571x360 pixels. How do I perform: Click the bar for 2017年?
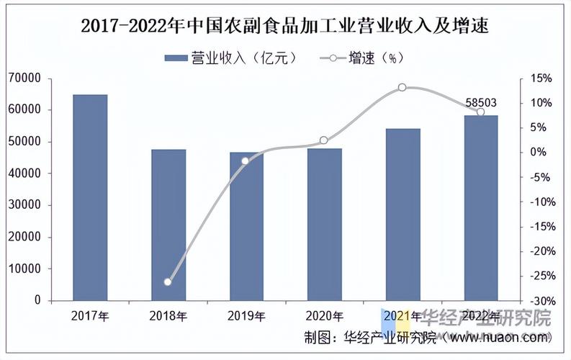click(x=90, y=197)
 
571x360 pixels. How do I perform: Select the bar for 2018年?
click(x=168, y=225)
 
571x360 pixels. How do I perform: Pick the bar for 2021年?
click(x=403, y=214)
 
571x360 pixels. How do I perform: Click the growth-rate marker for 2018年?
click(x=168, y=282)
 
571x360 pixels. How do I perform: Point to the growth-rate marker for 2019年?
click(x=246, y=161)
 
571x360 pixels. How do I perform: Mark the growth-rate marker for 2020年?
click(x=324, y=140)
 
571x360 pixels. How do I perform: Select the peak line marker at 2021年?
click(x=402, y=87)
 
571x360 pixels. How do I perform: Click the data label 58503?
click(x=480, y=103)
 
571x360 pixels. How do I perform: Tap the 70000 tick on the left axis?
click(x=25, y=78)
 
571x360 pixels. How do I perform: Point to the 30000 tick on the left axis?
click(x=25, y=205)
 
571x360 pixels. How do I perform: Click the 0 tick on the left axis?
click(x=37, y=300)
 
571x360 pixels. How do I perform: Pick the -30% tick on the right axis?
click(x=539, y=300)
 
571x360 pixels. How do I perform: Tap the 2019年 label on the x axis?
click(x=246, y=315)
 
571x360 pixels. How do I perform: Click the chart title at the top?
click(x=285, y=27)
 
